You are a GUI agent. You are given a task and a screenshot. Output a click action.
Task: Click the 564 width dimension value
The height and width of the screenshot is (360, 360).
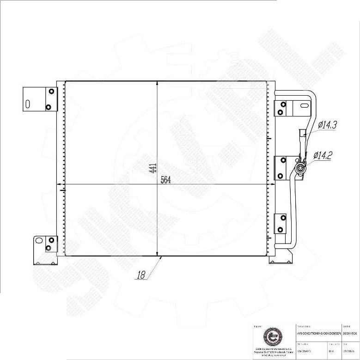tap(166, 181)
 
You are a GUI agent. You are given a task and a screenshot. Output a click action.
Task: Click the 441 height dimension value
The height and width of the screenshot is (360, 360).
tap(153, 168)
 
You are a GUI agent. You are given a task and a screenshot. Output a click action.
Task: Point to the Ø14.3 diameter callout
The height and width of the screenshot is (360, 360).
tap(327, 125)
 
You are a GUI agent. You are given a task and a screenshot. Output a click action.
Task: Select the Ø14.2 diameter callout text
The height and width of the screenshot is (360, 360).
tap(323, 155)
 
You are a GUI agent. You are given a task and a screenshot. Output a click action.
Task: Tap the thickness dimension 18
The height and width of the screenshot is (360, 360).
tap(141, 275)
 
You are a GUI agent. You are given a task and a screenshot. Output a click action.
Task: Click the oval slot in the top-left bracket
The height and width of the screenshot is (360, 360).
tap(28, 104)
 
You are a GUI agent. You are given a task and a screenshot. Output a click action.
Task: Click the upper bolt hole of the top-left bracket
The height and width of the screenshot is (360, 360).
tap(51, 91)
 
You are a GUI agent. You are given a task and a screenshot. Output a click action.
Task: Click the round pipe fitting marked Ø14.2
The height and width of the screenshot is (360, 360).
tap(301, 168)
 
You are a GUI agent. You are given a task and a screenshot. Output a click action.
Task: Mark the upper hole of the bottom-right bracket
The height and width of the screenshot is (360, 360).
tap(283, 217)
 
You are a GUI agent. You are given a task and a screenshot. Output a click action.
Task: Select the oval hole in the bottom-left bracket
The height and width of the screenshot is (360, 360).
tap(39, 240)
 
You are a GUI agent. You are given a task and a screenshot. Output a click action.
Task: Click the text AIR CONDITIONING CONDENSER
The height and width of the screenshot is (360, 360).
tap(319, 333)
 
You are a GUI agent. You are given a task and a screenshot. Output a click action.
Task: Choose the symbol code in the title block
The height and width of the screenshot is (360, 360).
tap(350, 333)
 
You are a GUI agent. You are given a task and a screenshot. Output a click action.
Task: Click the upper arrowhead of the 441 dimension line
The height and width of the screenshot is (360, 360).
tap(158, 84)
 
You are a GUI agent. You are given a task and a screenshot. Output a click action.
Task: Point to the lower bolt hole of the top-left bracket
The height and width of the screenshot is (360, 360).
tap(48, 107)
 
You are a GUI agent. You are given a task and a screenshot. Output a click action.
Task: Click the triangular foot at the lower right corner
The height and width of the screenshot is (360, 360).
tap(278, 260)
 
